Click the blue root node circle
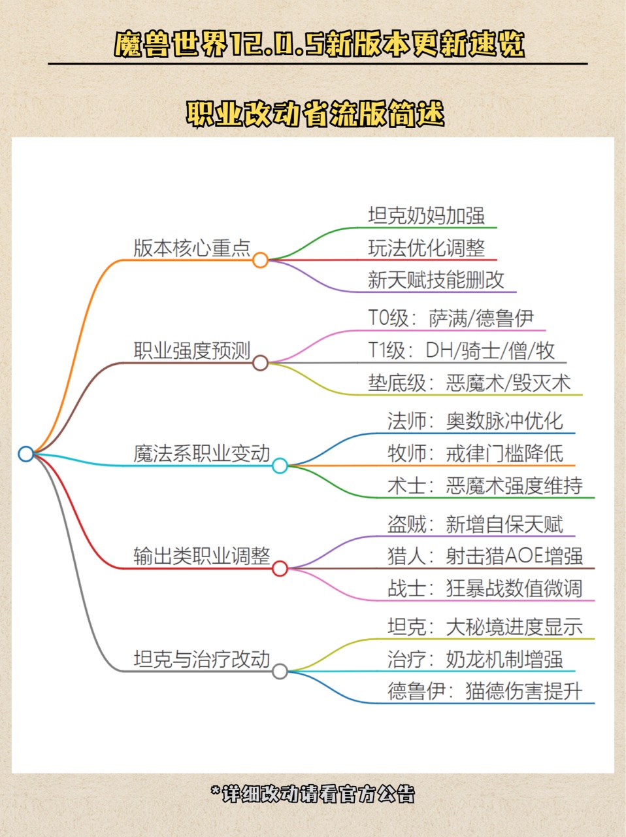coord(25,453)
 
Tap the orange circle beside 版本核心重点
coord(260,260)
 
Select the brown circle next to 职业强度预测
coord(260,363)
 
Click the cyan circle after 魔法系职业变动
coord(280,466)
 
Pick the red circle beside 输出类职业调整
coord(280,568)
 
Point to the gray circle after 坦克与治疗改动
coord(280,671)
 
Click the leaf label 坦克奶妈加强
coord(426,215)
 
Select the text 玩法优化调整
coord(426,248)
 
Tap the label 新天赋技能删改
coord(436,280)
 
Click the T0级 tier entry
coord(451,318)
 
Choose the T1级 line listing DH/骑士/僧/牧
coord(461,350)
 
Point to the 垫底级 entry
coord(469,383)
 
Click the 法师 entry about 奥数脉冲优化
coord(475,420)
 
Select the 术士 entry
coord(485,485)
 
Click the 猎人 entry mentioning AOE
coord(485,556)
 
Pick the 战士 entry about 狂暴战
coord(485,588)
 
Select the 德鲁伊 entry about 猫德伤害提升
coord(485,691)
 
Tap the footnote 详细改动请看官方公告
coord(313,794)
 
